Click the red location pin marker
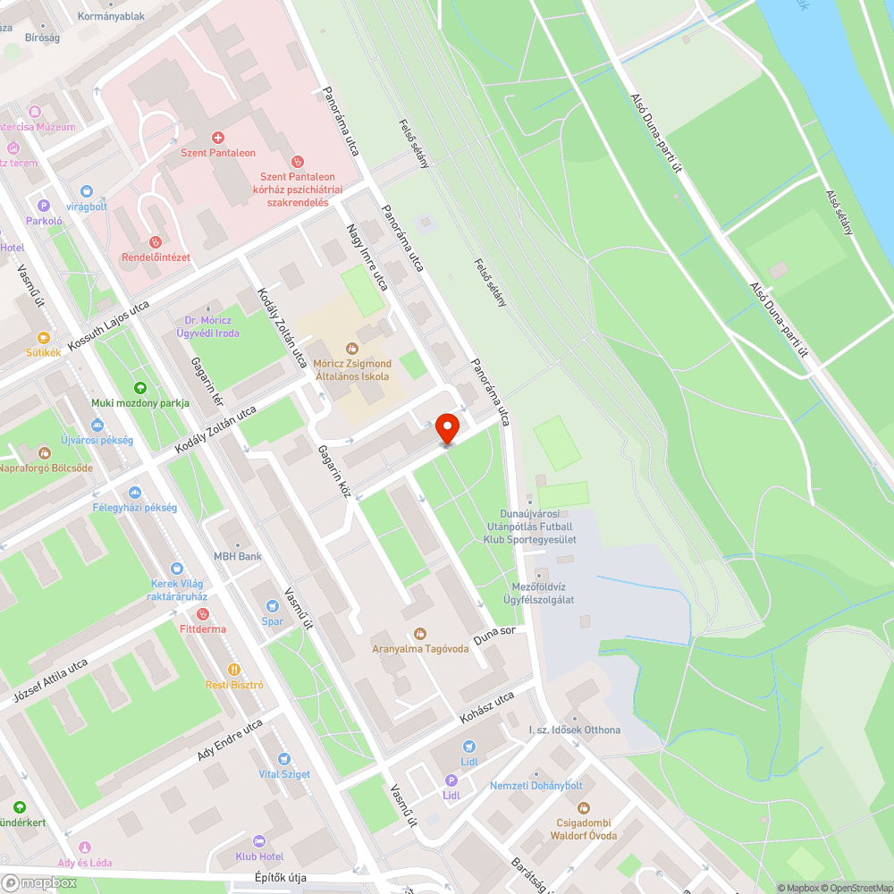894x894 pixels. point(448,428)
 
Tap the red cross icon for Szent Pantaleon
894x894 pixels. point(217,137)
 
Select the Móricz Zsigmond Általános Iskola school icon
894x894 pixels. point(352,348)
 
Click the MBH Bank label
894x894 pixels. point(237,556)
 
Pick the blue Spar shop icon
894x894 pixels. point(272,606)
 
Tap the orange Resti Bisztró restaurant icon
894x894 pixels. point(234,669)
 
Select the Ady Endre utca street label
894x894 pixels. point(230,740)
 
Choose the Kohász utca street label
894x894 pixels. point(487,706)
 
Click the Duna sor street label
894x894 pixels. point(495,637)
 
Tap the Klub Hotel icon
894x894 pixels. point(259,841)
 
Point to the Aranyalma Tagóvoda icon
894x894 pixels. point(420,634)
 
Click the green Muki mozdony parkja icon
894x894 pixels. point(140,388)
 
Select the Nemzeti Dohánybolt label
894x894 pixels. point(536,785)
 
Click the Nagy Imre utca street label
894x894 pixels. point(367,257)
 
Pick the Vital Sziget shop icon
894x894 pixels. point(284,759)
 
